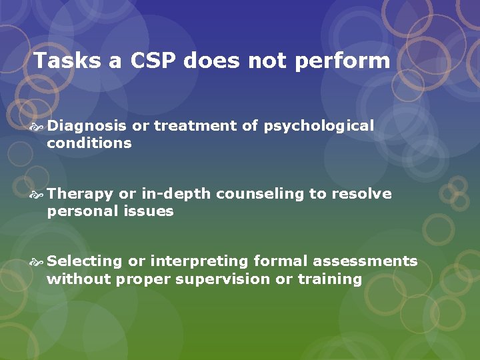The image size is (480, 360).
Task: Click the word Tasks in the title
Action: tap(67, 61)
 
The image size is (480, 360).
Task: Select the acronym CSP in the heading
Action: tap(153, 61)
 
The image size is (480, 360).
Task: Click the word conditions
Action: tap(89, 143)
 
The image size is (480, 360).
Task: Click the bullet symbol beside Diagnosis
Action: tap(37, 127)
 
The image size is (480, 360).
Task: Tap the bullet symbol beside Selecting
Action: tap(37, 262)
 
